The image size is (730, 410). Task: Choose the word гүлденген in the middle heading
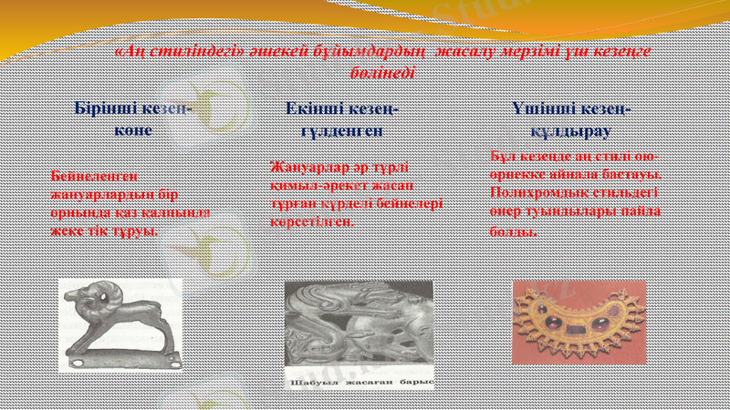coord(340,130)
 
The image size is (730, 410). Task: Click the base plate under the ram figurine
coord(123,362)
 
